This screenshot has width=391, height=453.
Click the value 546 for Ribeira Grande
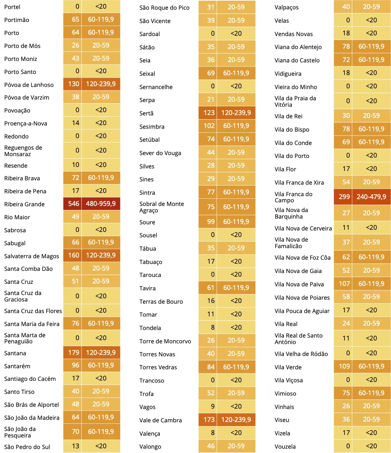point(74,204)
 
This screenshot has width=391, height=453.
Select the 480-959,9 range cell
point(101,204)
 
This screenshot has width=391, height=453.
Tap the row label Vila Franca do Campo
point(294,197)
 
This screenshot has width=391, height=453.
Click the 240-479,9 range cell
point(371,197)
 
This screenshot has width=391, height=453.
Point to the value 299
point(344,197)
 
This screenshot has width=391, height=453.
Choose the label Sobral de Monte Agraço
point(162,207)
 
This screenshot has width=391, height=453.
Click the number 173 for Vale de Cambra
point(209,419)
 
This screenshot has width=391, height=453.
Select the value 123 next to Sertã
point(209,113)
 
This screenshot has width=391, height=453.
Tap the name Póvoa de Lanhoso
point(29,85)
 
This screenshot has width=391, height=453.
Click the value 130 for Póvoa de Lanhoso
point(74,84)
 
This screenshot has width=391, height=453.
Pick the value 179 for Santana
point(74,352)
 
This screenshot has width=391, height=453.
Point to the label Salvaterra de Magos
point(31,256)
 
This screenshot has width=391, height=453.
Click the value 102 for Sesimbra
point(209,126)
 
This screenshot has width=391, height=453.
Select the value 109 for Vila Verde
point(344,366)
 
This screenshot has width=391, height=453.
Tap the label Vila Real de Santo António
point(299,339)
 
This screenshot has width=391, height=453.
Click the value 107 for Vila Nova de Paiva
point(344,284)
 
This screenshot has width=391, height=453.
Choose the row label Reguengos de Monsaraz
point(23,151)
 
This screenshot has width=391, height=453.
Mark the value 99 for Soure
point(211,221)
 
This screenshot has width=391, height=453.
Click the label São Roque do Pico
point(164,8)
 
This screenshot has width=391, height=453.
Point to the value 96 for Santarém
point(75,365)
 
